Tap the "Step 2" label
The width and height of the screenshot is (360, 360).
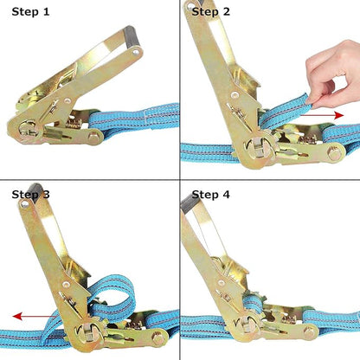pyautogui.click(x=210, y=11)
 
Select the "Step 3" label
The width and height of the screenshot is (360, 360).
pyautogui.click(x=30, y=194)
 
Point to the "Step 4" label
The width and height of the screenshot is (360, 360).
pyautogui.click(x=210, y=194)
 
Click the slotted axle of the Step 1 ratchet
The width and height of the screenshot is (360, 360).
pyautogui.click(x=29, y=131)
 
